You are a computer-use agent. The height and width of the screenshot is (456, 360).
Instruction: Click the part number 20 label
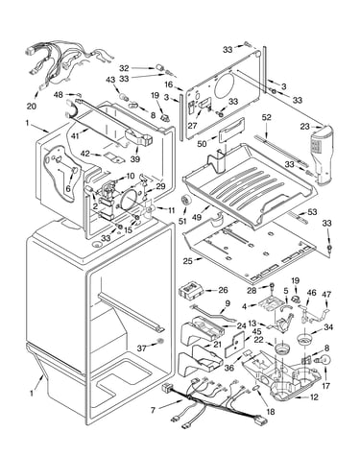point(32,106)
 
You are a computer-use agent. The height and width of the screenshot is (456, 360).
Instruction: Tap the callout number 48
point(59,95)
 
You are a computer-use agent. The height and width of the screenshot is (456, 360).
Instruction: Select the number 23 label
point(304,127)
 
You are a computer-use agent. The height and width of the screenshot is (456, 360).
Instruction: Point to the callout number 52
point(266,117)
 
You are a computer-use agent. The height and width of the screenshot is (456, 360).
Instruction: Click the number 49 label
point(197,217)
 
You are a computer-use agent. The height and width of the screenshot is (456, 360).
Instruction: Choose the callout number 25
point(188,261)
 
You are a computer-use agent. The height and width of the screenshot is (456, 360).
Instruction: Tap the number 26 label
point(223,290)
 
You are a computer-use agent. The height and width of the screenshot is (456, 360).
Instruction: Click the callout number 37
point(143,348)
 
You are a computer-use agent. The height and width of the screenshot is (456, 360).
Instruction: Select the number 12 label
point(314,397)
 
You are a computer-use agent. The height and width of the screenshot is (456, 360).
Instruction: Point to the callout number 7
point(153,410)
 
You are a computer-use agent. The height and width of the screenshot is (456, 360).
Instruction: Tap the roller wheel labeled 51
point(185,201)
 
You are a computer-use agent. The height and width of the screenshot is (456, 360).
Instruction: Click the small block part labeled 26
point(191,291)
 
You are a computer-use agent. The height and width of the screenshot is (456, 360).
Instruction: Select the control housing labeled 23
point(321,155)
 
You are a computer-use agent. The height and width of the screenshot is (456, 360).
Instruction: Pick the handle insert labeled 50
point(231,132)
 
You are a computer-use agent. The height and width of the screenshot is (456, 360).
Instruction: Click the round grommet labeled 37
point(160,342)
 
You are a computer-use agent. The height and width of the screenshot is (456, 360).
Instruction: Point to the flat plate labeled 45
point(235,345)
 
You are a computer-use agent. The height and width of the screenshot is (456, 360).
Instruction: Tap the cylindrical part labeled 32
point(159,68)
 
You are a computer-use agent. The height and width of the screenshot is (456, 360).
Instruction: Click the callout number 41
point(75,136)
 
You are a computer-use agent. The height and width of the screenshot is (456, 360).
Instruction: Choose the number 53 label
point(312,212)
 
